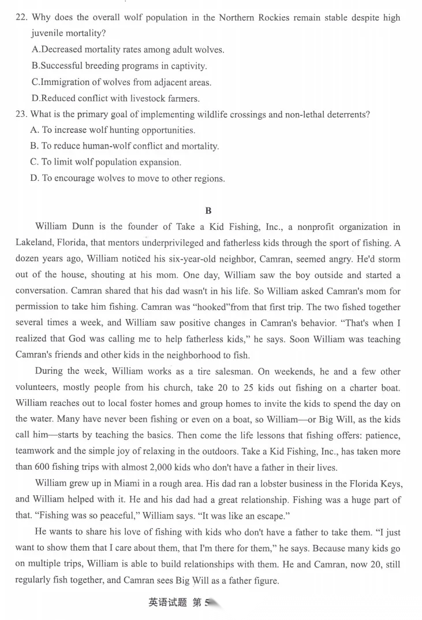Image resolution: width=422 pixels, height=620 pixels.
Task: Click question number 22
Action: (21, 18)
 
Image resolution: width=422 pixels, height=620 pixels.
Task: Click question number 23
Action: (21, 114)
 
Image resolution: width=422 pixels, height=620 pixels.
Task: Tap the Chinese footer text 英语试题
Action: (167, 603)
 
